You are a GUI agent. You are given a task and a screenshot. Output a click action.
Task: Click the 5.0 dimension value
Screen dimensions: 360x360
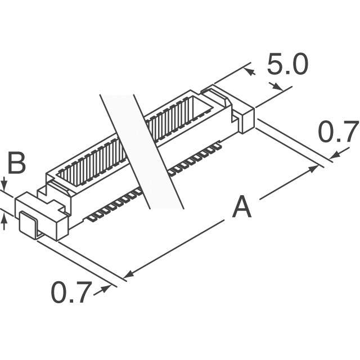287,64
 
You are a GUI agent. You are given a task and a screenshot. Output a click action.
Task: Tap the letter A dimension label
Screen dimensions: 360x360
241,206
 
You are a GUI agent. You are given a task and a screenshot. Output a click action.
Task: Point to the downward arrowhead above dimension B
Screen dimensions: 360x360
4,184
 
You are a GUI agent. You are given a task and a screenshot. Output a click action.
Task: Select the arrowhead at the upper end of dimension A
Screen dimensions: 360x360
313,169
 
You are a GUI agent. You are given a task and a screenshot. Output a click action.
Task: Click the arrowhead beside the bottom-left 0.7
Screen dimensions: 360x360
105,289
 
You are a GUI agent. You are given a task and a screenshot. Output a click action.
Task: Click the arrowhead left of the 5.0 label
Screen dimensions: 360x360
250,71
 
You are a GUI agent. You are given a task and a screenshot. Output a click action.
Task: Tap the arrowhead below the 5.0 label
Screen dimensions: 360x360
277,87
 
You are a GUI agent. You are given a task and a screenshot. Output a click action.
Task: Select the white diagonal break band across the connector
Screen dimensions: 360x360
142,151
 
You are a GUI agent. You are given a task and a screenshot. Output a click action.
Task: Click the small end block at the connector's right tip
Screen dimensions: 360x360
246,120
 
